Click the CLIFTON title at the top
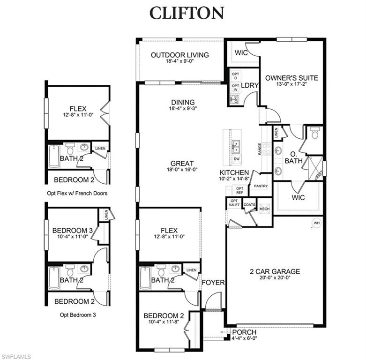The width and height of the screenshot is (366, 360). click(187, 13)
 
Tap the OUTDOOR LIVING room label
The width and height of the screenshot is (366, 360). click(179, 55)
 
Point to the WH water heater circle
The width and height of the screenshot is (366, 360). click(317, 223)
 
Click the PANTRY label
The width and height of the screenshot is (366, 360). click(261, 186)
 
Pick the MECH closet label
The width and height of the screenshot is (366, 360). click(264, 209)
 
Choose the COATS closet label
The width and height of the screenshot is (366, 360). click(249, 204)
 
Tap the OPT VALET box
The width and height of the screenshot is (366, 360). click(234, 202)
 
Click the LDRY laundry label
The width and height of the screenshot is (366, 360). click(247, 85)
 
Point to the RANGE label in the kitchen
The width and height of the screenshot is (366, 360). click(259, 149)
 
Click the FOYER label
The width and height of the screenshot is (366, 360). click(213, 283)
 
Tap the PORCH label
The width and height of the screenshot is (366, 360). click(244, 332)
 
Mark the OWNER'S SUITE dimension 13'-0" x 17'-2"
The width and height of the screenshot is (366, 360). click(291, 85)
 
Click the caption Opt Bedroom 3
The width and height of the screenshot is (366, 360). click(78, 315)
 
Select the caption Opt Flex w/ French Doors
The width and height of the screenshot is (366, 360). click(77, 193)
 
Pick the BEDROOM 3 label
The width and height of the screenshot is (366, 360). click(72, 230)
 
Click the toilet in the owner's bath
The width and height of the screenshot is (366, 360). click(314, 135)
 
